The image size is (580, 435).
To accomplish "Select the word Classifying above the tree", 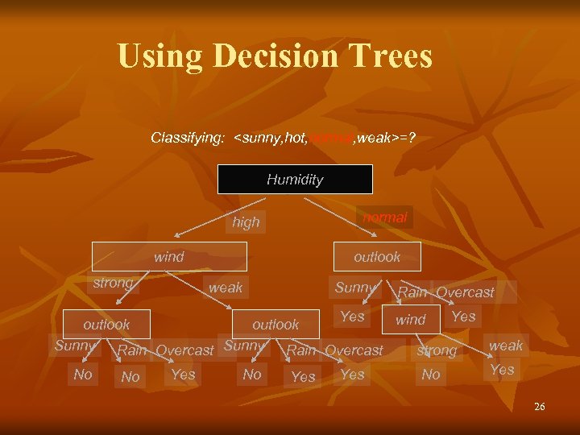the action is pyautogui.click(x=188, y=138).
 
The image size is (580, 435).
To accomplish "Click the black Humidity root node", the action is pyautogui.click(x=295, y=180).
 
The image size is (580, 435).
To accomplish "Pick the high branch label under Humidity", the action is pyautogui.click(x=246, y=222).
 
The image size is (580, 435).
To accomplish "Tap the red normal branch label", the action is pyautogui.click(x=385, y=217).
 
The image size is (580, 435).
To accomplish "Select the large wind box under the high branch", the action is pyautogui.click(x=169, y=257).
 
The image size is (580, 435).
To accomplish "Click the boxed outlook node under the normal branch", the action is pyautogui.click(x=377, y=257).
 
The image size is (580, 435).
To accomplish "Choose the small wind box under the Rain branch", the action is pyautogui.click(x=410, y=320).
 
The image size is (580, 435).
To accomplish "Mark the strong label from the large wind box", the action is pyautogui.click(x=113, y=284).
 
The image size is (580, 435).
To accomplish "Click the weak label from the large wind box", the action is pyautogui.click(x=226, y=288).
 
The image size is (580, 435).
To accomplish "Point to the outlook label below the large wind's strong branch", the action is pyautogui.click(x=106, y=324).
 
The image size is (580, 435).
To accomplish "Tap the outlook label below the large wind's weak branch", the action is pyautogui.click(x=275, y=324).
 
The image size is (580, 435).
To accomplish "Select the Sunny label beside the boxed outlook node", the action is pyautogui.click(x=355, y=288).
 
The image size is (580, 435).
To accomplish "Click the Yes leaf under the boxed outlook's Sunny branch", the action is pyautogui.click(x=352, y=317).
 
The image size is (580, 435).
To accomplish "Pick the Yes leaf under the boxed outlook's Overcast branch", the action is pyautogui.click(x=463, y=317).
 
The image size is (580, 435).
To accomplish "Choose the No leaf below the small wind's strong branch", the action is pyautogui.click(x=431, y=375).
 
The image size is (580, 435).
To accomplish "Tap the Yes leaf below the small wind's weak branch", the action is pyautogui.click(x=502, y=371).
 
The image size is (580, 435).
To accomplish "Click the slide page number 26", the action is pyautogui.click(x=539, y=407).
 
